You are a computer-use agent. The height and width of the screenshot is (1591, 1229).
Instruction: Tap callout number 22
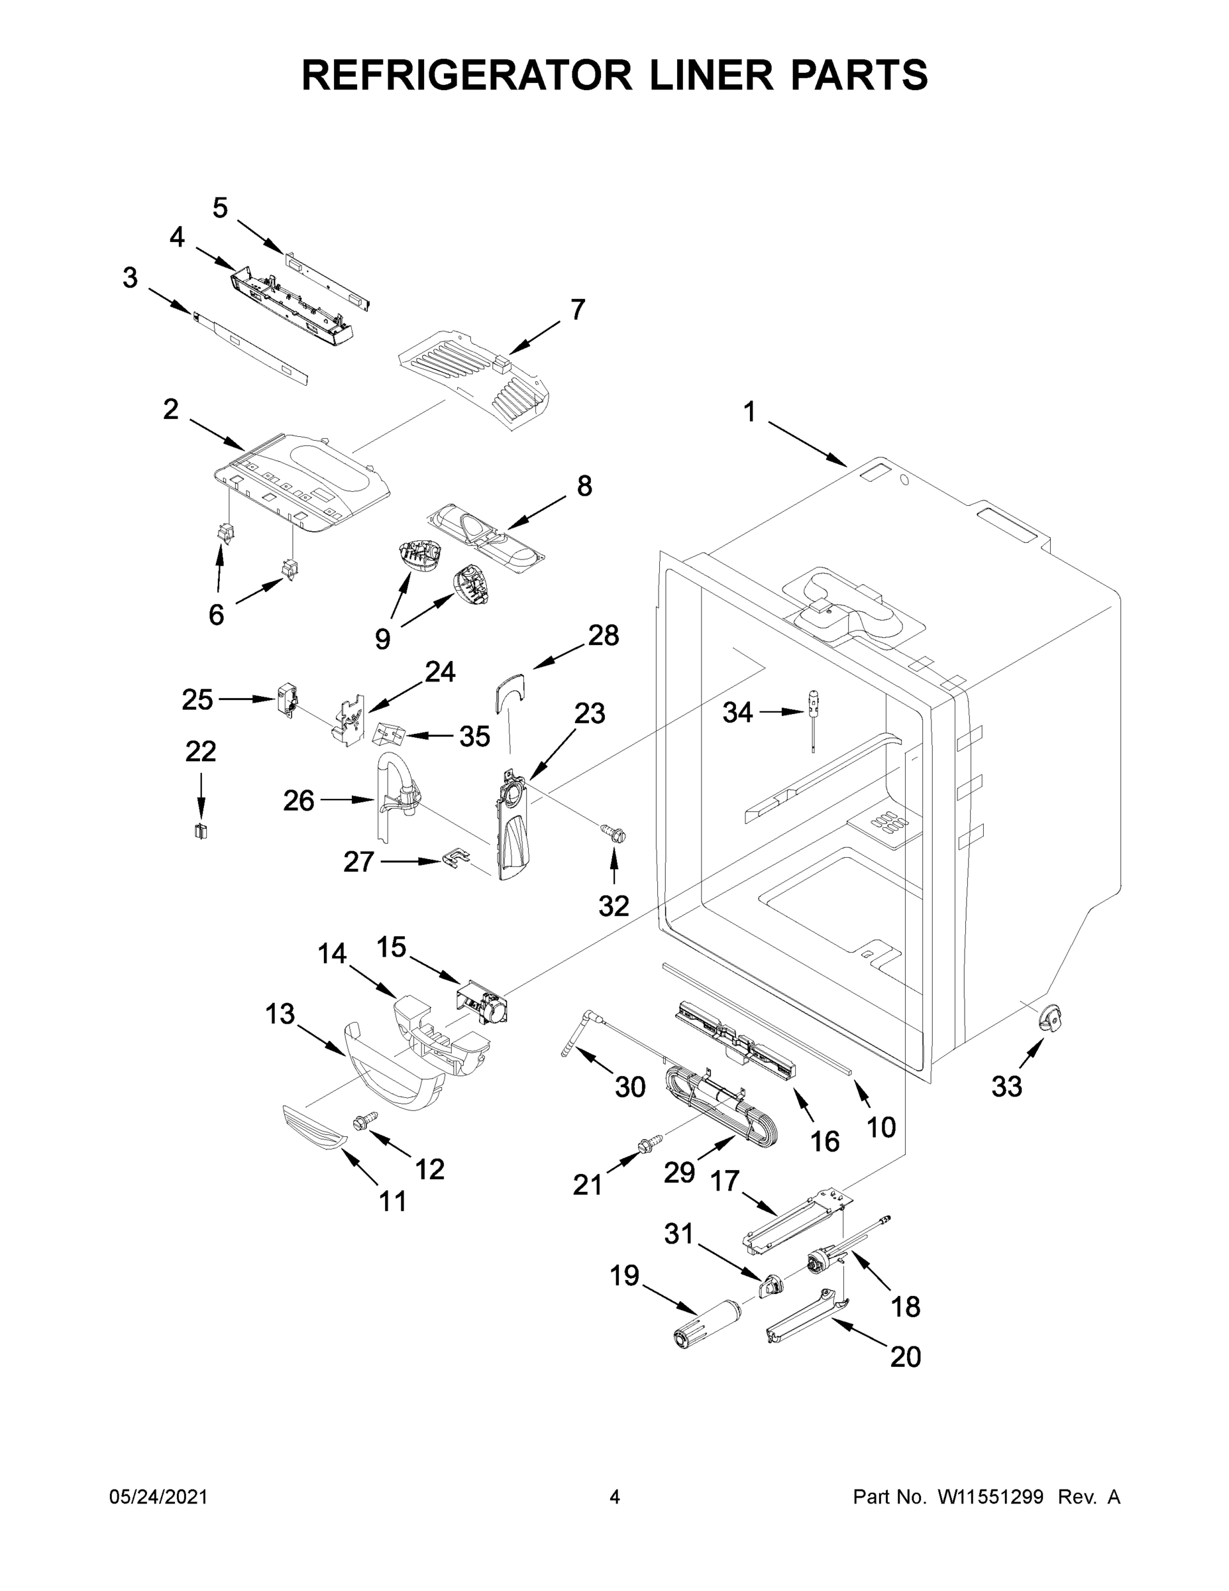[x=200, y=751]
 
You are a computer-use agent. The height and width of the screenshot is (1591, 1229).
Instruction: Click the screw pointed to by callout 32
[x=613, y=833]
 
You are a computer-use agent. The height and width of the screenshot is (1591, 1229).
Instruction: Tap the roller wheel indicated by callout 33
[x=1049, y=1017]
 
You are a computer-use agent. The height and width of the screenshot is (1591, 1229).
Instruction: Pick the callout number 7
[x=577, y=310]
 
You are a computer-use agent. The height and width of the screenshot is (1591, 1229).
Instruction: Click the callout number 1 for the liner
[x=749, y=412]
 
